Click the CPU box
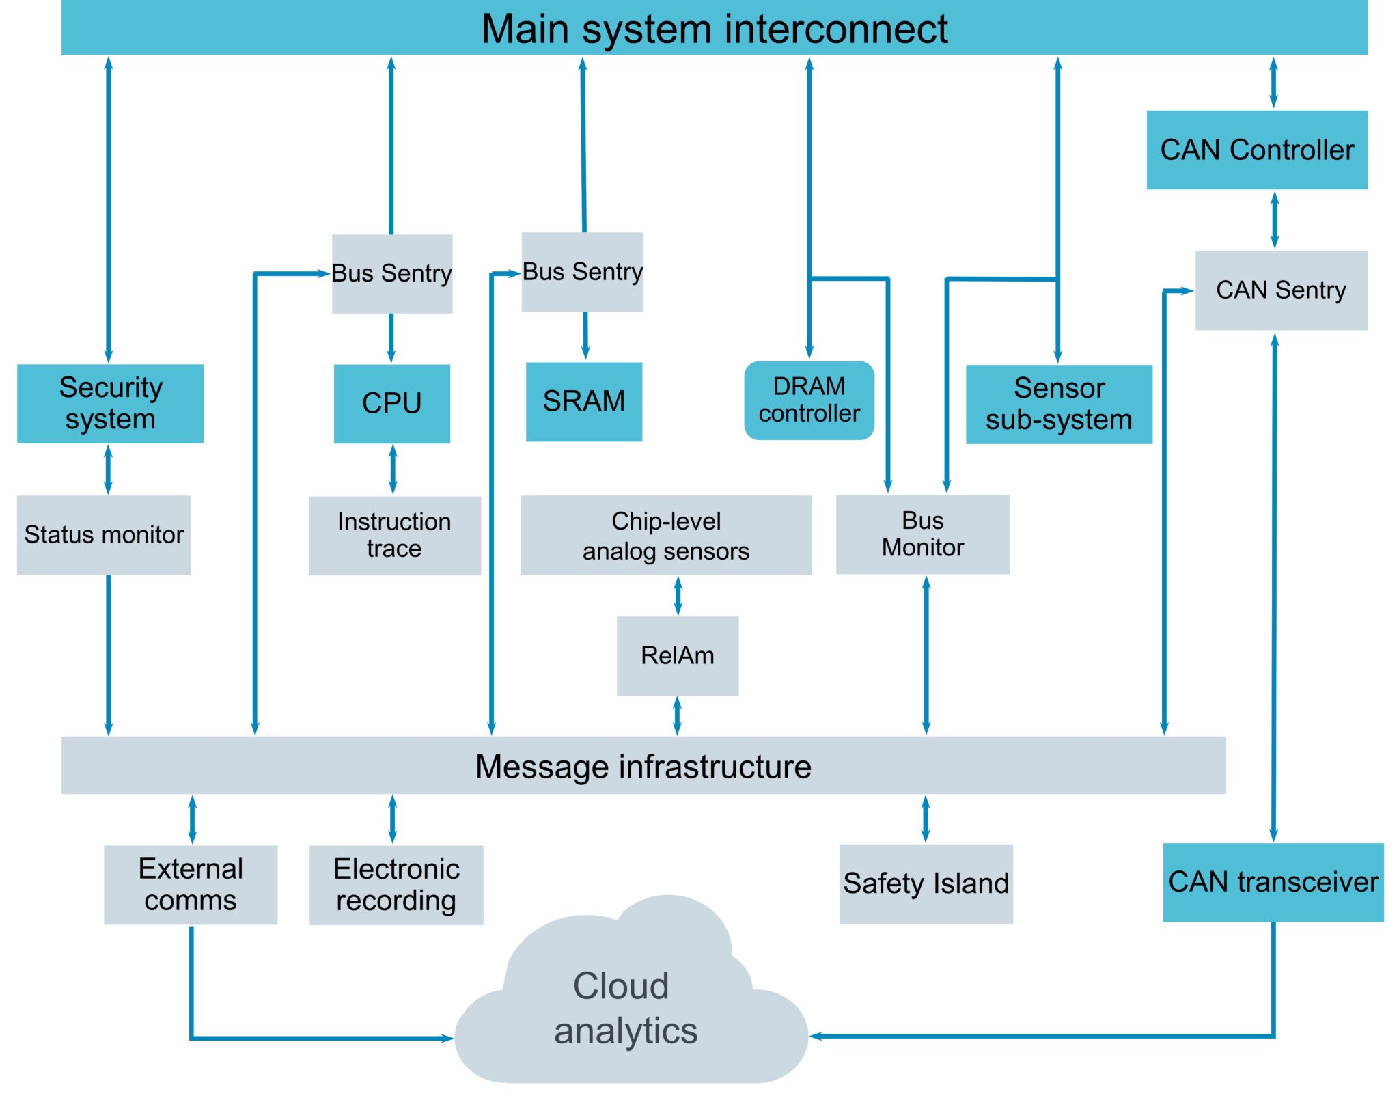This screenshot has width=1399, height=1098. coord(391,403)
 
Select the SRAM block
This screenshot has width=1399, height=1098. coord(583,401)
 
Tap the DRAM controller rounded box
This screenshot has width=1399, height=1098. coord(809,400)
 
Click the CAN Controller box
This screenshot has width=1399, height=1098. coord(1256,150)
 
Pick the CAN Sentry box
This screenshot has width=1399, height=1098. coord(1281,290)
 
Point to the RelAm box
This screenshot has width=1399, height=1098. coord(677,655)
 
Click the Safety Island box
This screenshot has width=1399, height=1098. coord(926,883)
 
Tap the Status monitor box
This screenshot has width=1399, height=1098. coord(104,534)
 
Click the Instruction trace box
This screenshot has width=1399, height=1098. coord(394,535)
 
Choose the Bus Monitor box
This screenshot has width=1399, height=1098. coord(922,534)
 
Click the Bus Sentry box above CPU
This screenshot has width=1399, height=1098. coord(391,273)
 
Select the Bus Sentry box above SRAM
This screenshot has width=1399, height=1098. coord(582,272)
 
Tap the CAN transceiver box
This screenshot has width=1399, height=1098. coord(1273,882)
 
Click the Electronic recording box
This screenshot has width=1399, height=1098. coord(396,885)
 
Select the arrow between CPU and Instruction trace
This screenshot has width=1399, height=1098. coord(392,469)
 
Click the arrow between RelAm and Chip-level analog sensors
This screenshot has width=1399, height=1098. coord(678,595)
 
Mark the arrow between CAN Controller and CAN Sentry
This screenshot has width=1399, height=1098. coord(1274,220)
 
